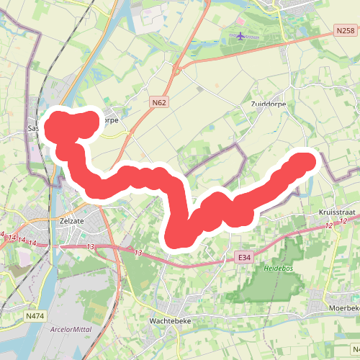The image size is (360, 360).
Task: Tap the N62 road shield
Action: (159, 103)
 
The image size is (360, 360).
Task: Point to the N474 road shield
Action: (34, 315)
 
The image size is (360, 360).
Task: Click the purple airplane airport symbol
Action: (240, 36)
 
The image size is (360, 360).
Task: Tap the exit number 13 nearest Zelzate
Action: (90, 247)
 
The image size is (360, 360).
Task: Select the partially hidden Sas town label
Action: (32, 128)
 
